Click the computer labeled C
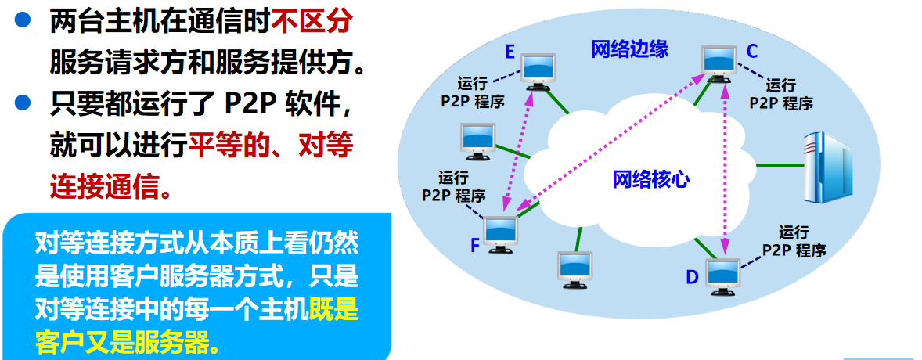click(719, 60)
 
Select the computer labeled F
click(501, 232)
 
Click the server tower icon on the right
click(827, 166)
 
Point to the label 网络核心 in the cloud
click(650, 179)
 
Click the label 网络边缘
click(629, 49)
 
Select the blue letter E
click(509, 52)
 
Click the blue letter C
click(751, 52)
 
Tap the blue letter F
click(474, 246)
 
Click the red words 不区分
click(311, 23)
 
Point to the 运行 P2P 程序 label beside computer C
click(781, 94)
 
